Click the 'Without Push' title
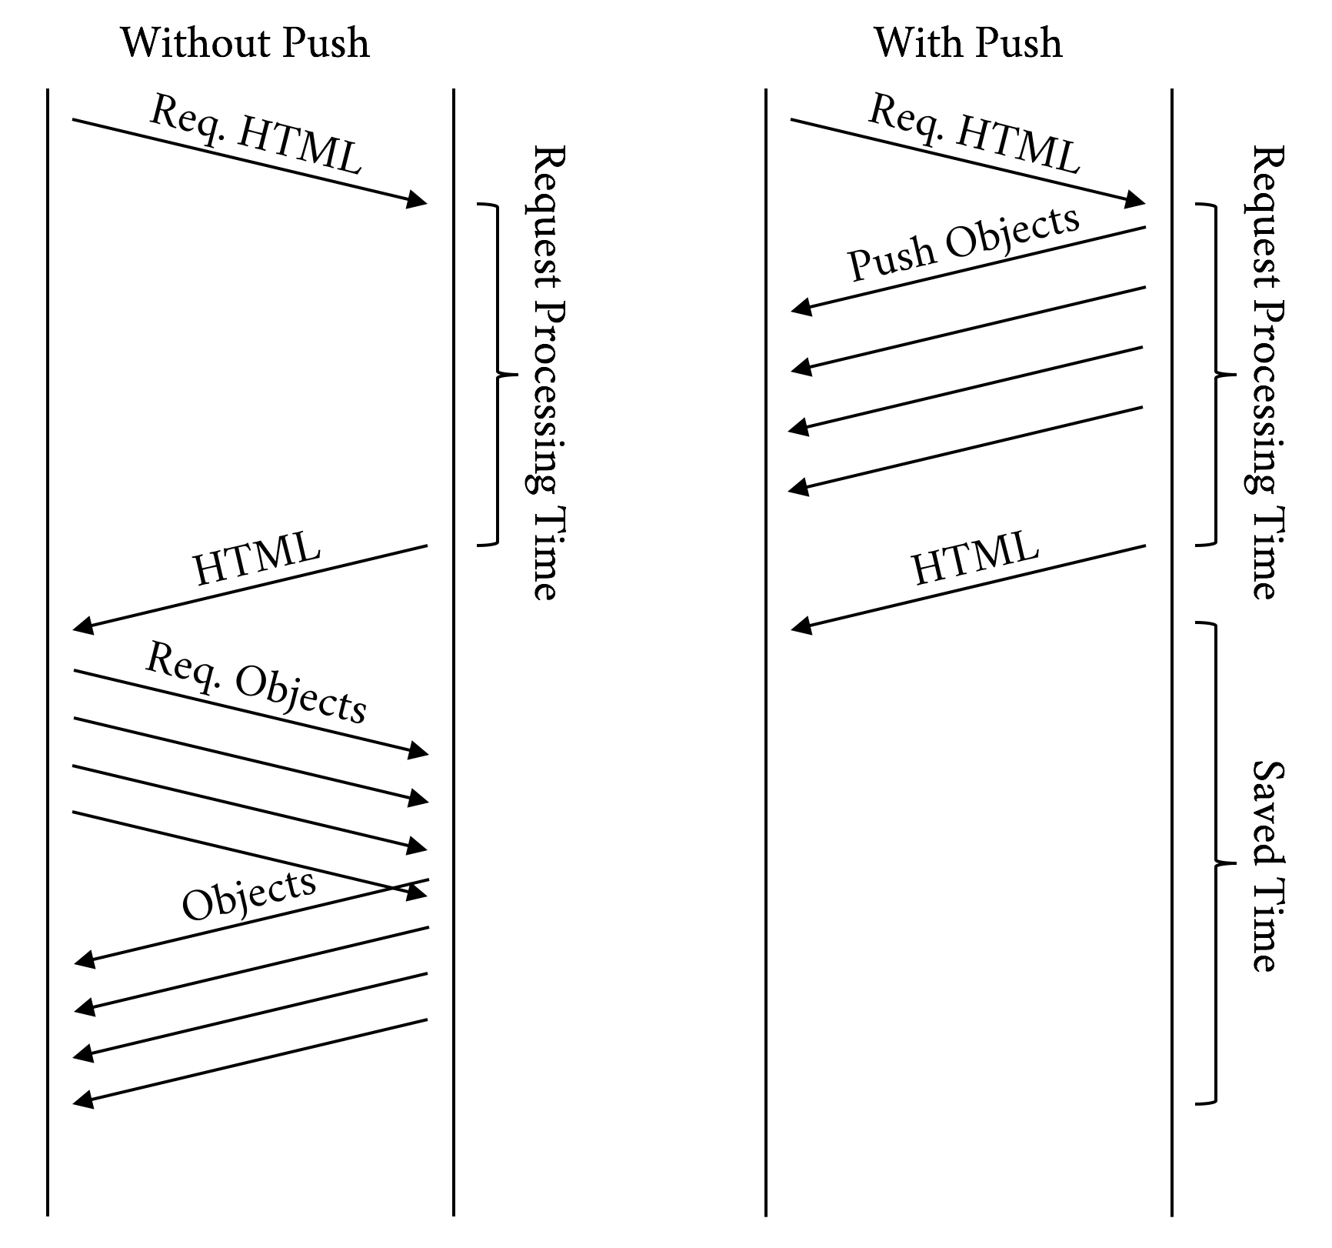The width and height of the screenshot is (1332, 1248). tap(245, 43)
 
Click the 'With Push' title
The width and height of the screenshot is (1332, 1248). tap(967, 43)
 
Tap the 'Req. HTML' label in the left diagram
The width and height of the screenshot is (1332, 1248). tap(255, 135)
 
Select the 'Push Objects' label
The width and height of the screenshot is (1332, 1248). tap(964, 243)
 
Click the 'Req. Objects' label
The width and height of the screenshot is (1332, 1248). tap(255, 683)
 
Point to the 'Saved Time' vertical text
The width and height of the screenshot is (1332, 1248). tap(1266, 866)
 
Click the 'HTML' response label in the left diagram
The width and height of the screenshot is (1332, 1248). tap(256, 559)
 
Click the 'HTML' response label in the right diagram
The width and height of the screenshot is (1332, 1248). tap(974, 559)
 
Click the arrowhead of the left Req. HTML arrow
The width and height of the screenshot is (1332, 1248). tap(418, 201)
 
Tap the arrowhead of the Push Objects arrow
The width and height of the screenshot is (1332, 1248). tap(801, 308)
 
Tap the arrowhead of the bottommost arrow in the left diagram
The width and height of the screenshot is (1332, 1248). tap(82, 1100)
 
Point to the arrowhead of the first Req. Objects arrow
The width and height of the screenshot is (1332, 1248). tap(418, 750)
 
